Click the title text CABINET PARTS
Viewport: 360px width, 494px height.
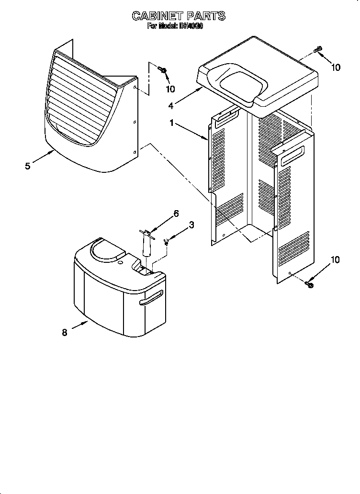[x=179, y=16]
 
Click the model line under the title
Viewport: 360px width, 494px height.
[x=175, y=27]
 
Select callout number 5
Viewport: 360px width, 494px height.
[x=28, y=166]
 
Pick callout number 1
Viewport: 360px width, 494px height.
[x=172, y=123]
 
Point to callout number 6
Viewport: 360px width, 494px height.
[x=176, y=213]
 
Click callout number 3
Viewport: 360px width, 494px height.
[x=191, y=225]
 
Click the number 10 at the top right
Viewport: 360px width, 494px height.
[x=336, y=67]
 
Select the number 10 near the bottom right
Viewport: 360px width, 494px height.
[x=336, y=260]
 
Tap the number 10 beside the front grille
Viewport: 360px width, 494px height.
[x=170, y=89]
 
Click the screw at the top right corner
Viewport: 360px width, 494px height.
[x=317, y=49]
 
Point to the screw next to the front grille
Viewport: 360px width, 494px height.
[x=164, y=72]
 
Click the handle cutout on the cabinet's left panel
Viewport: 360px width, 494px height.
[x=227, y=118]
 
